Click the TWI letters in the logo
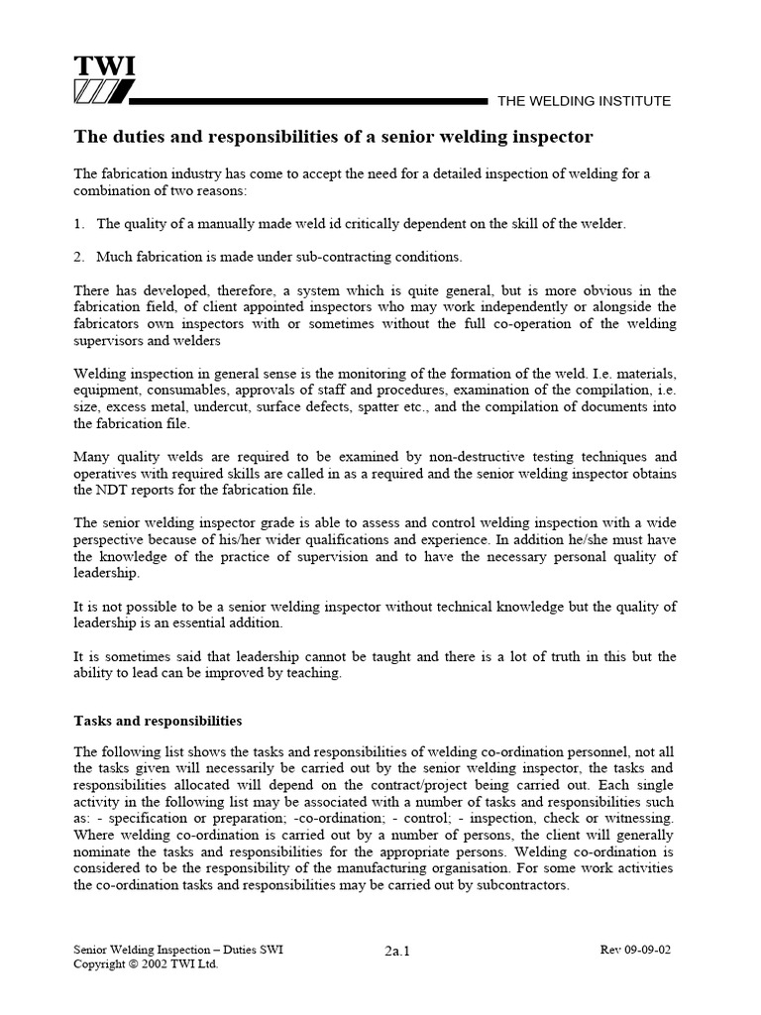(x=104, y=66)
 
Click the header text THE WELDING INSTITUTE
(x=584, y=101)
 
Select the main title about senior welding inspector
(x=334, y=135)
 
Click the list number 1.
(x=79, y=224)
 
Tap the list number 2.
(x=79, y=257)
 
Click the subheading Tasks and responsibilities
(x=159, y=721)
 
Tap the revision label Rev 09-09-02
(x=636, y=949)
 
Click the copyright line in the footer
(x=146, y=963)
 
